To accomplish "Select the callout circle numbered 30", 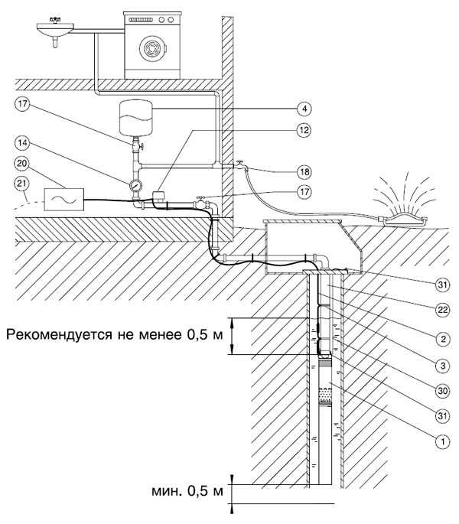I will (x=441, y=391).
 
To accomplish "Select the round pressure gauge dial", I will (x=135, y=184).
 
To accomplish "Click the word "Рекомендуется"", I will (x=52, y=334).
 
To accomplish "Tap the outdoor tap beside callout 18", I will (x=239, y=163).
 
